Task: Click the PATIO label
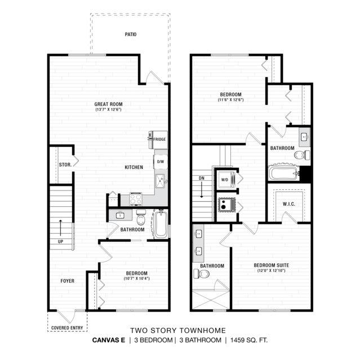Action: coord(131,34)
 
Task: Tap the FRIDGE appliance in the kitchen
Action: coord(158,140)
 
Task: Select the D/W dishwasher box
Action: coord(161,162)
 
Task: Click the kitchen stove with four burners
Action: coord(136,199)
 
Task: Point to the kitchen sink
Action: coord(161,181)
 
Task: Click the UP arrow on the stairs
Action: coord(61,228)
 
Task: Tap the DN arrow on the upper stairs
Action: coord(202,189)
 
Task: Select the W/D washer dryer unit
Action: coord(226,180)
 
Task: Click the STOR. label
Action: coord(65,165)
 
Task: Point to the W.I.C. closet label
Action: coord(289,204)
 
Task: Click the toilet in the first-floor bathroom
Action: coord(141,217)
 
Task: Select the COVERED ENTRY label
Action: coord(67,328)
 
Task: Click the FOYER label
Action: coord(68,281)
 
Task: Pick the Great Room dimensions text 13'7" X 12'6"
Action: coord(108,109)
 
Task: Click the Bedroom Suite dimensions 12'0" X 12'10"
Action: coord(272,270)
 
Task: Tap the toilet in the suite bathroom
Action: coord(202,274)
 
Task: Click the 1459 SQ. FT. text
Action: coord(249,340)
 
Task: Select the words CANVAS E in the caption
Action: coord(109,340)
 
